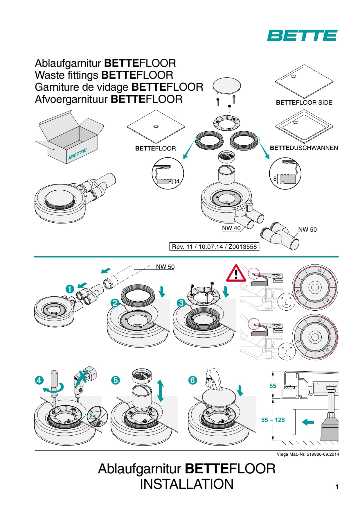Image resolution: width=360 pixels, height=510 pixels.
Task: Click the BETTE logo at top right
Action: [302, 35]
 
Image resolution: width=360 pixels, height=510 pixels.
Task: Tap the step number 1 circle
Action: [70, 289]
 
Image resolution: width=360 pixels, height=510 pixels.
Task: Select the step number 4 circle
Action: [39, 380]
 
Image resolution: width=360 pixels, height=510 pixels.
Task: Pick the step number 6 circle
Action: [192, 380]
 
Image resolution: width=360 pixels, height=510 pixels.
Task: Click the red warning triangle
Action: [236, 274]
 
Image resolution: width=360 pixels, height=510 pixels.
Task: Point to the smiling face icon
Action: [286, 302]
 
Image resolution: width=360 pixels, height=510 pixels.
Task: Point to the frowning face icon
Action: [287, 352]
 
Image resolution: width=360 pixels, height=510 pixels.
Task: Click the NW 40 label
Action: [231, 228]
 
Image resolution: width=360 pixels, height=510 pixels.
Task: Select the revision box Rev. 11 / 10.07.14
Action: [214, 247]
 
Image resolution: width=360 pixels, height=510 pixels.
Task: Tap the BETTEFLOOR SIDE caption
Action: [304, 103]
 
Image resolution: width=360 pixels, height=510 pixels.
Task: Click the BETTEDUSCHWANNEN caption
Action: [304, 148]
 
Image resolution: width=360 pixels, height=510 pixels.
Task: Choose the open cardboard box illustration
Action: [70, 137]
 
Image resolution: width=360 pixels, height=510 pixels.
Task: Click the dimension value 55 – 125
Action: [273, 420]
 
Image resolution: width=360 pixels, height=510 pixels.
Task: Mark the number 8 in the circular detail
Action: [275, 178]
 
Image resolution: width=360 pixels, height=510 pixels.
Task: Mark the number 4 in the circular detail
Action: [178, 181]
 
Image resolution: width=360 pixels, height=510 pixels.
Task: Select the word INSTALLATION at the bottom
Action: [187, 484]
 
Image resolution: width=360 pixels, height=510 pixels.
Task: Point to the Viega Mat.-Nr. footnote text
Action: [308, 454]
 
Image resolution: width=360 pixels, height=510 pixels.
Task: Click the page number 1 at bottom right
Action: [337, 487]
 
